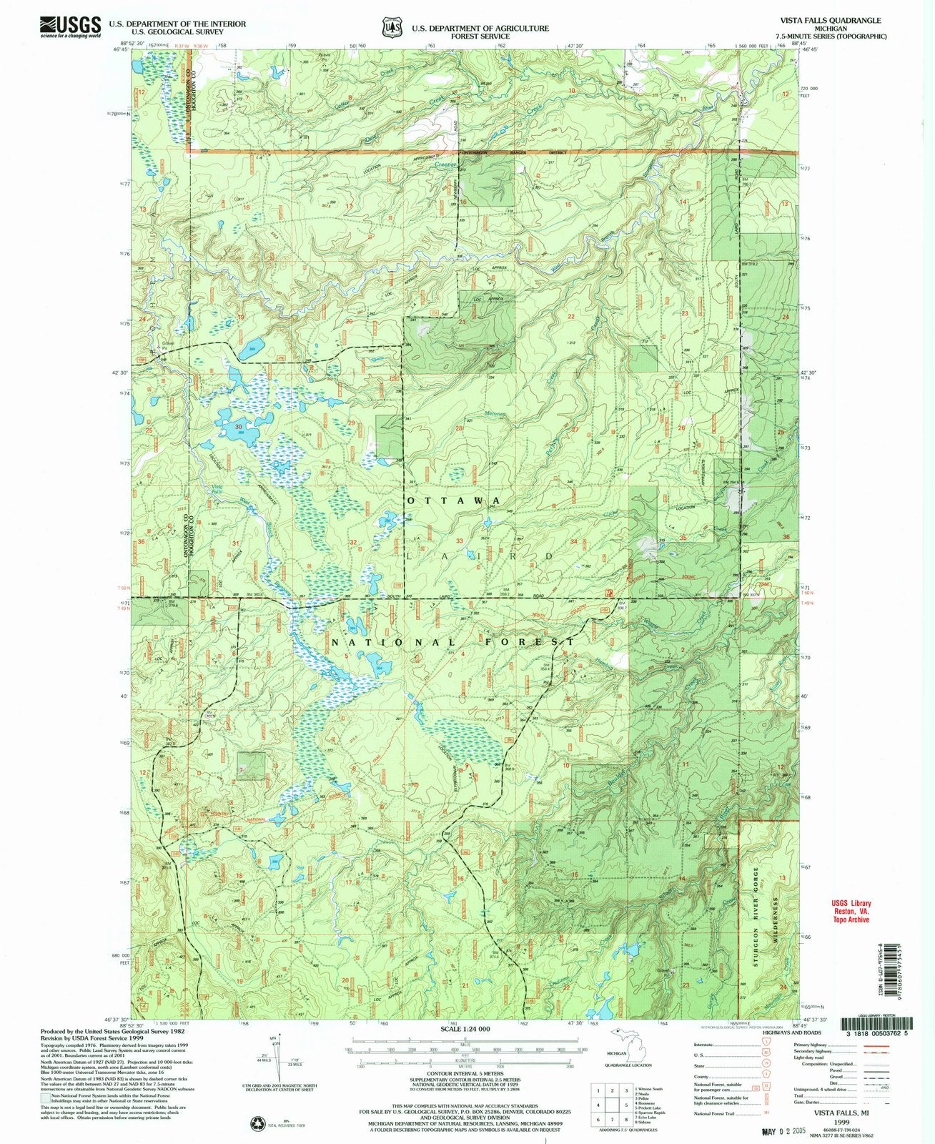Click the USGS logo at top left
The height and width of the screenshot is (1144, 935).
[x=69, y=26]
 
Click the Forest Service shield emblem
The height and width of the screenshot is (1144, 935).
[x=390, y=26]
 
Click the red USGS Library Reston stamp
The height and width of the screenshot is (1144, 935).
[x=849, y=911]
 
